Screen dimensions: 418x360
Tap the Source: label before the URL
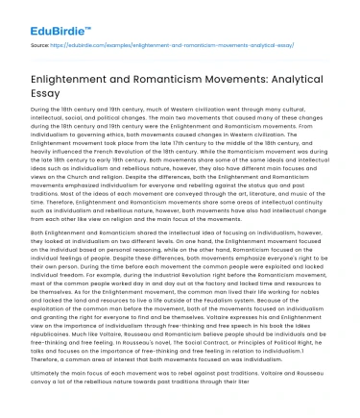click(40, 44)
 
